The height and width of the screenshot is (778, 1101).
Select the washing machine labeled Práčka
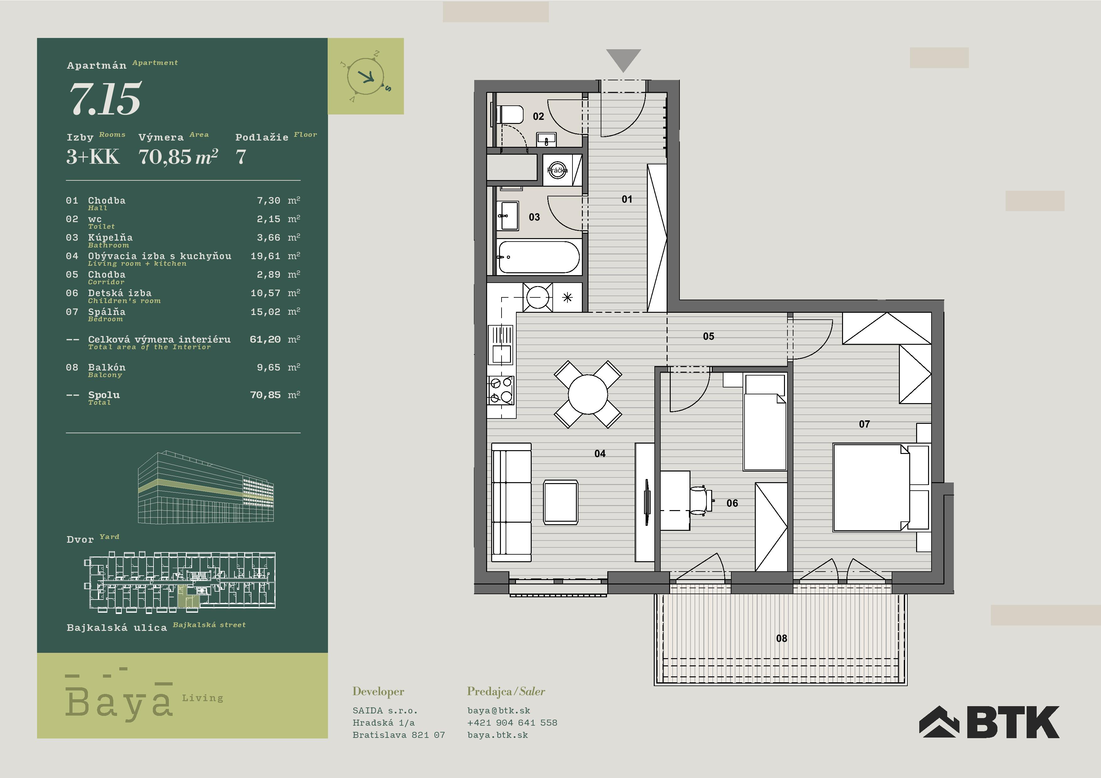click(x=557, y=170)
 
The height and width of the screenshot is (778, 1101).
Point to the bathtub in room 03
click(x=539, y=257)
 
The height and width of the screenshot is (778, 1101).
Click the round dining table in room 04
click(x=588, y=394)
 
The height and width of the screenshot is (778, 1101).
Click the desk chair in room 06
click(x=701, y=500)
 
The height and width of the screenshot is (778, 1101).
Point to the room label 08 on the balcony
click(x=781, y=638)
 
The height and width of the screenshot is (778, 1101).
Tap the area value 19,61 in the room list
click(x=265, y=256)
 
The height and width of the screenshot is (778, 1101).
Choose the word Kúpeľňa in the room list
click(x=110, y=237)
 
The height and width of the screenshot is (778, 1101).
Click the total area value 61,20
click(x=265, y=339)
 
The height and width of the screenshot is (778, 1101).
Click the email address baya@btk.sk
click(x=499, y=711)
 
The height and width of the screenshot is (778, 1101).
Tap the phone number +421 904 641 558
click(x=512, y=722)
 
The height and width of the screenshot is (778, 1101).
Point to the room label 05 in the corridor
click(x=708, y=337)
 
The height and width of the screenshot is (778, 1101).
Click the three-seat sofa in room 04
click(x=512, y=502)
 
